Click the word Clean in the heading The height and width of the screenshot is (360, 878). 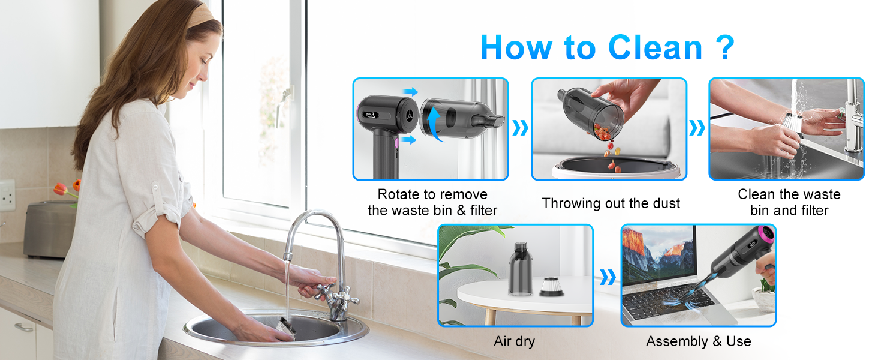(x=655, y=47)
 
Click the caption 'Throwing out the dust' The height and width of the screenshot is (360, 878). (x=611, y=203)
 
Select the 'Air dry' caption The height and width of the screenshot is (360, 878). (x=514, y=341)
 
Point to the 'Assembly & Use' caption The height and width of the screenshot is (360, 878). (x=698, y=341)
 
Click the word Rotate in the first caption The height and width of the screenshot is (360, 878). (x=399, y=194)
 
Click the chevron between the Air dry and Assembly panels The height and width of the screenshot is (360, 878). (x=607, y=277)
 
